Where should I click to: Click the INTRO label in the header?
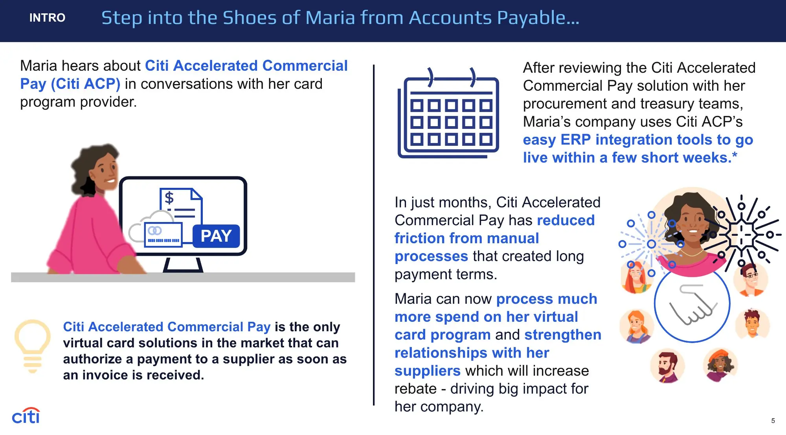[x=47, y=18]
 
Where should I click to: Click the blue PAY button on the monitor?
[x=216, y=236]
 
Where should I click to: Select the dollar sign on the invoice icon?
[x=169, y=198]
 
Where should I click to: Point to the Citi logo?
[x=26, y=416]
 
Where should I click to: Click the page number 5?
[x=773, y=420]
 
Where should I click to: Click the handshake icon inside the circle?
[x=692, y=305]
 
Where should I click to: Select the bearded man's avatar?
[x=667, y=366]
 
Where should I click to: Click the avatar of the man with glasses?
[x=751, y=279]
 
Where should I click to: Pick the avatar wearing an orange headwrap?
[x=720, y=365]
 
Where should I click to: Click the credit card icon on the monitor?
[x=163, y=235]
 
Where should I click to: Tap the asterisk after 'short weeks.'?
[x=735, y=155]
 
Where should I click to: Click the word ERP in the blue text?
[x=576, y=139]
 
